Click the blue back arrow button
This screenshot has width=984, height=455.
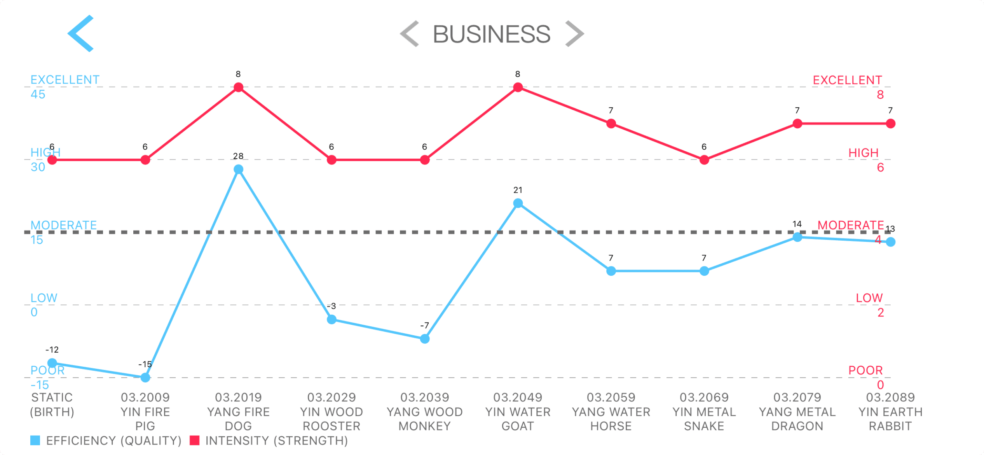pyautogui.click(x=81, y=33)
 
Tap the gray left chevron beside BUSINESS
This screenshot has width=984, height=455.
pyautogui.click(x=410, y=34)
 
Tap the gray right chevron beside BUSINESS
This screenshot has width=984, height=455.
pyautogui.click(x=574, y=34)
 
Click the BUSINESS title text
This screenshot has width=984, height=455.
pyautogui.click(x=492, y=34)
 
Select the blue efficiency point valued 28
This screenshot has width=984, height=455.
pyautogui.click(x=239, y=169)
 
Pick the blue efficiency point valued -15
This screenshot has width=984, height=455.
pyautogui.click(x=145, y=377)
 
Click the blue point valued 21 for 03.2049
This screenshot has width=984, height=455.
pyautogui.click(x=518, y=203)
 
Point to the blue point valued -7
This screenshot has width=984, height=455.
pyautogui.click(x=425, y=339)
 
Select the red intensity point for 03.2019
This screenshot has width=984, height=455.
pyautogui.click(x=239, y=87)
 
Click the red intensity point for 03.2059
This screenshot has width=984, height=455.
pyautogui.click(x=611, y=124)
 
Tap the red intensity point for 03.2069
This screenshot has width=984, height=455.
pyautogui.click(x=704, y=160)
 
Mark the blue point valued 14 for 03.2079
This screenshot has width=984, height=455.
pyautogui.click(x=797, y=237)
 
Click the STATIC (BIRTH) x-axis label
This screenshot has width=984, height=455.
pyautogui.click(x=52, y=404)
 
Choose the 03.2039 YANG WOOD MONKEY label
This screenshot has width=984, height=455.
pyautogui.click(x=425, y=411)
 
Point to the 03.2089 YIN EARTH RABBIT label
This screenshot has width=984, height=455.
pyautogui.click(x=890, y=411)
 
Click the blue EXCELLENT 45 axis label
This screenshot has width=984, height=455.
pyautogui.click(x=65, y=87)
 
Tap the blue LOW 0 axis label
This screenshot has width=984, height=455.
pyautogui.click(x=44, y=305)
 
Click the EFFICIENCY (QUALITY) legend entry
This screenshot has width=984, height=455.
pyautogui.click(x=106, y=441)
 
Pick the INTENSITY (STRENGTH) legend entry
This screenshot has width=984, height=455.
pyautogui.click(x=269, y=441)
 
